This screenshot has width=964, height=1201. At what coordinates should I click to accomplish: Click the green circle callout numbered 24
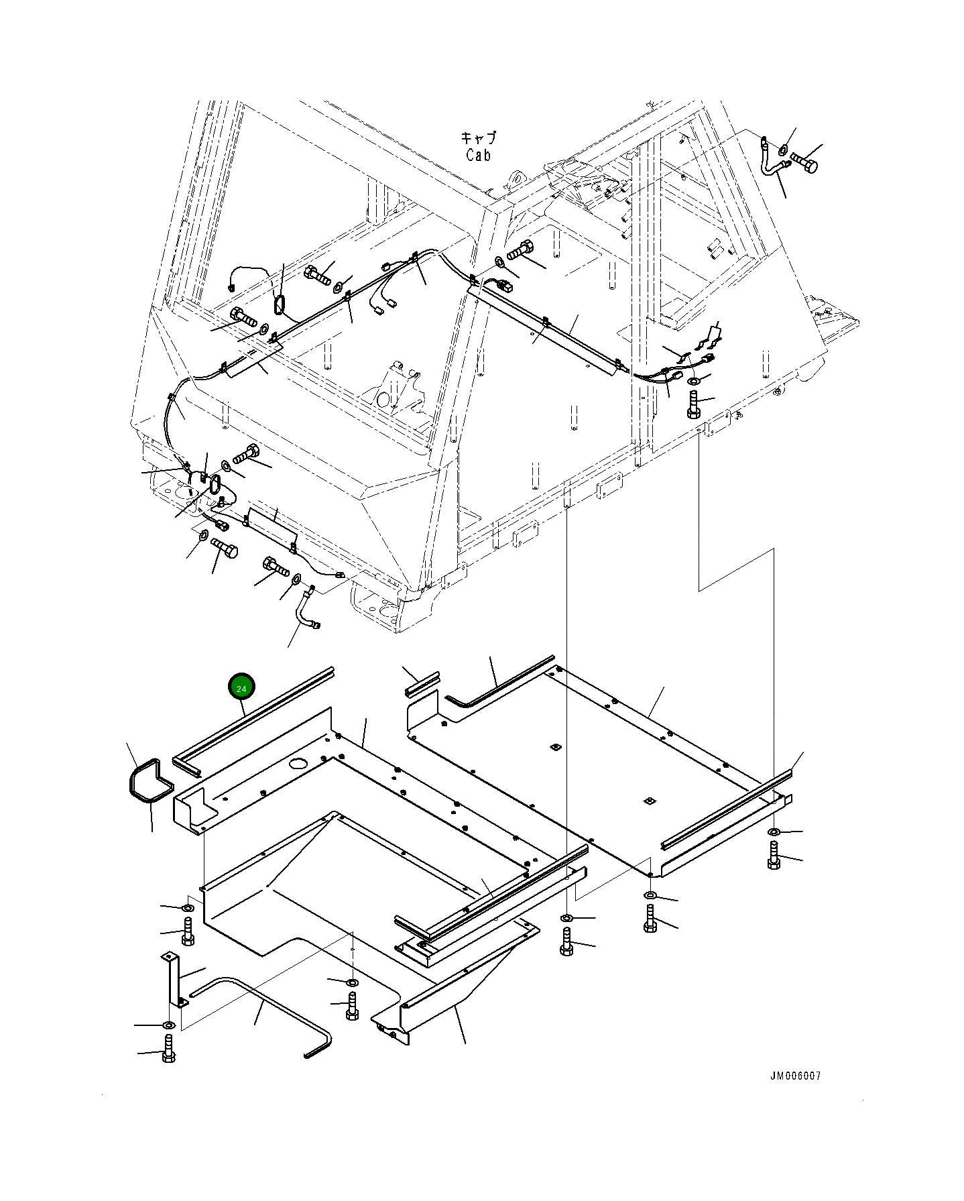tap(242, 688)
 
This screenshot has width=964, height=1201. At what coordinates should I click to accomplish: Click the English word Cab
tap(479, 155)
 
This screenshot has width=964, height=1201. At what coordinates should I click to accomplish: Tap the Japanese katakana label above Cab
tap(479, 139)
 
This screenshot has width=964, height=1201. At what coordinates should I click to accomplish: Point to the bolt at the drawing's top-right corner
tap(805, 163)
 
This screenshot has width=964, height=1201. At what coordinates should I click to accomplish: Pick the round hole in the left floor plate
tap(297, 764)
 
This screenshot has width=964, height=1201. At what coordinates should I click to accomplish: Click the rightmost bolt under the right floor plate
tap(774, 857)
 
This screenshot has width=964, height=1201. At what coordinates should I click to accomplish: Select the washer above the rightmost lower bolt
tap(774, 832)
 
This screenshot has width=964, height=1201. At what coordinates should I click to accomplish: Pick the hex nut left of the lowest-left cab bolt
tap(201, 534)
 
